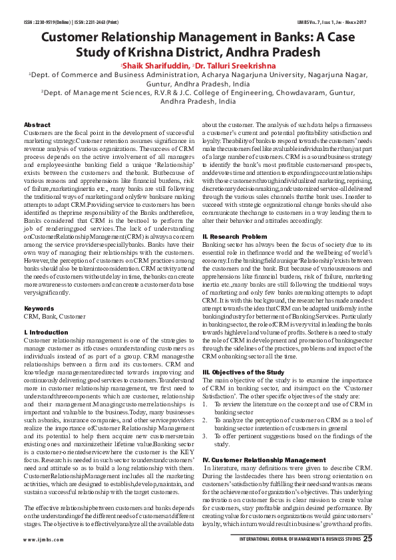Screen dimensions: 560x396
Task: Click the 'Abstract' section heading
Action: click(37, 125)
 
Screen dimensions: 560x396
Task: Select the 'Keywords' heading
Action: click(39, 309)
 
